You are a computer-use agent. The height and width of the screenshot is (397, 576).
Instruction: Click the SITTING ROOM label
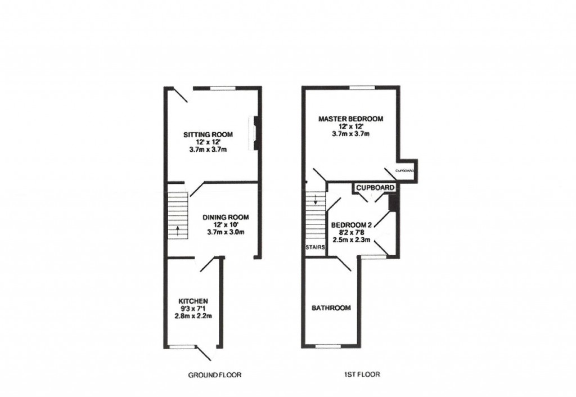click(x=208, y=134)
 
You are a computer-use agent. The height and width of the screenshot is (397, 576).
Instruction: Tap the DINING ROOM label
click(x=225, y=217)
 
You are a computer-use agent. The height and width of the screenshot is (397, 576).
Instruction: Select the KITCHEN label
click(x=193, y=301)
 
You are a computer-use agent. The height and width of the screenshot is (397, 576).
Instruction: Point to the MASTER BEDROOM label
click(x=350, y=119)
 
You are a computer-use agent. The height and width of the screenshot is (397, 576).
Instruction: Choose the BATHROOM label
click(x=331, y=308)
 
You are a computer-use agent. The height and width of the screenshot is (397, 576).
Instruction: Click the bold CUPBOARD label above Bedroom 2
click(x=375, y=187)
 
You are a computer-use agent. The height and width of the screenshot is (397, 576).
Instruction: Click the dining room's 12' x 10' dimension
click(x=225, y=224)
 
